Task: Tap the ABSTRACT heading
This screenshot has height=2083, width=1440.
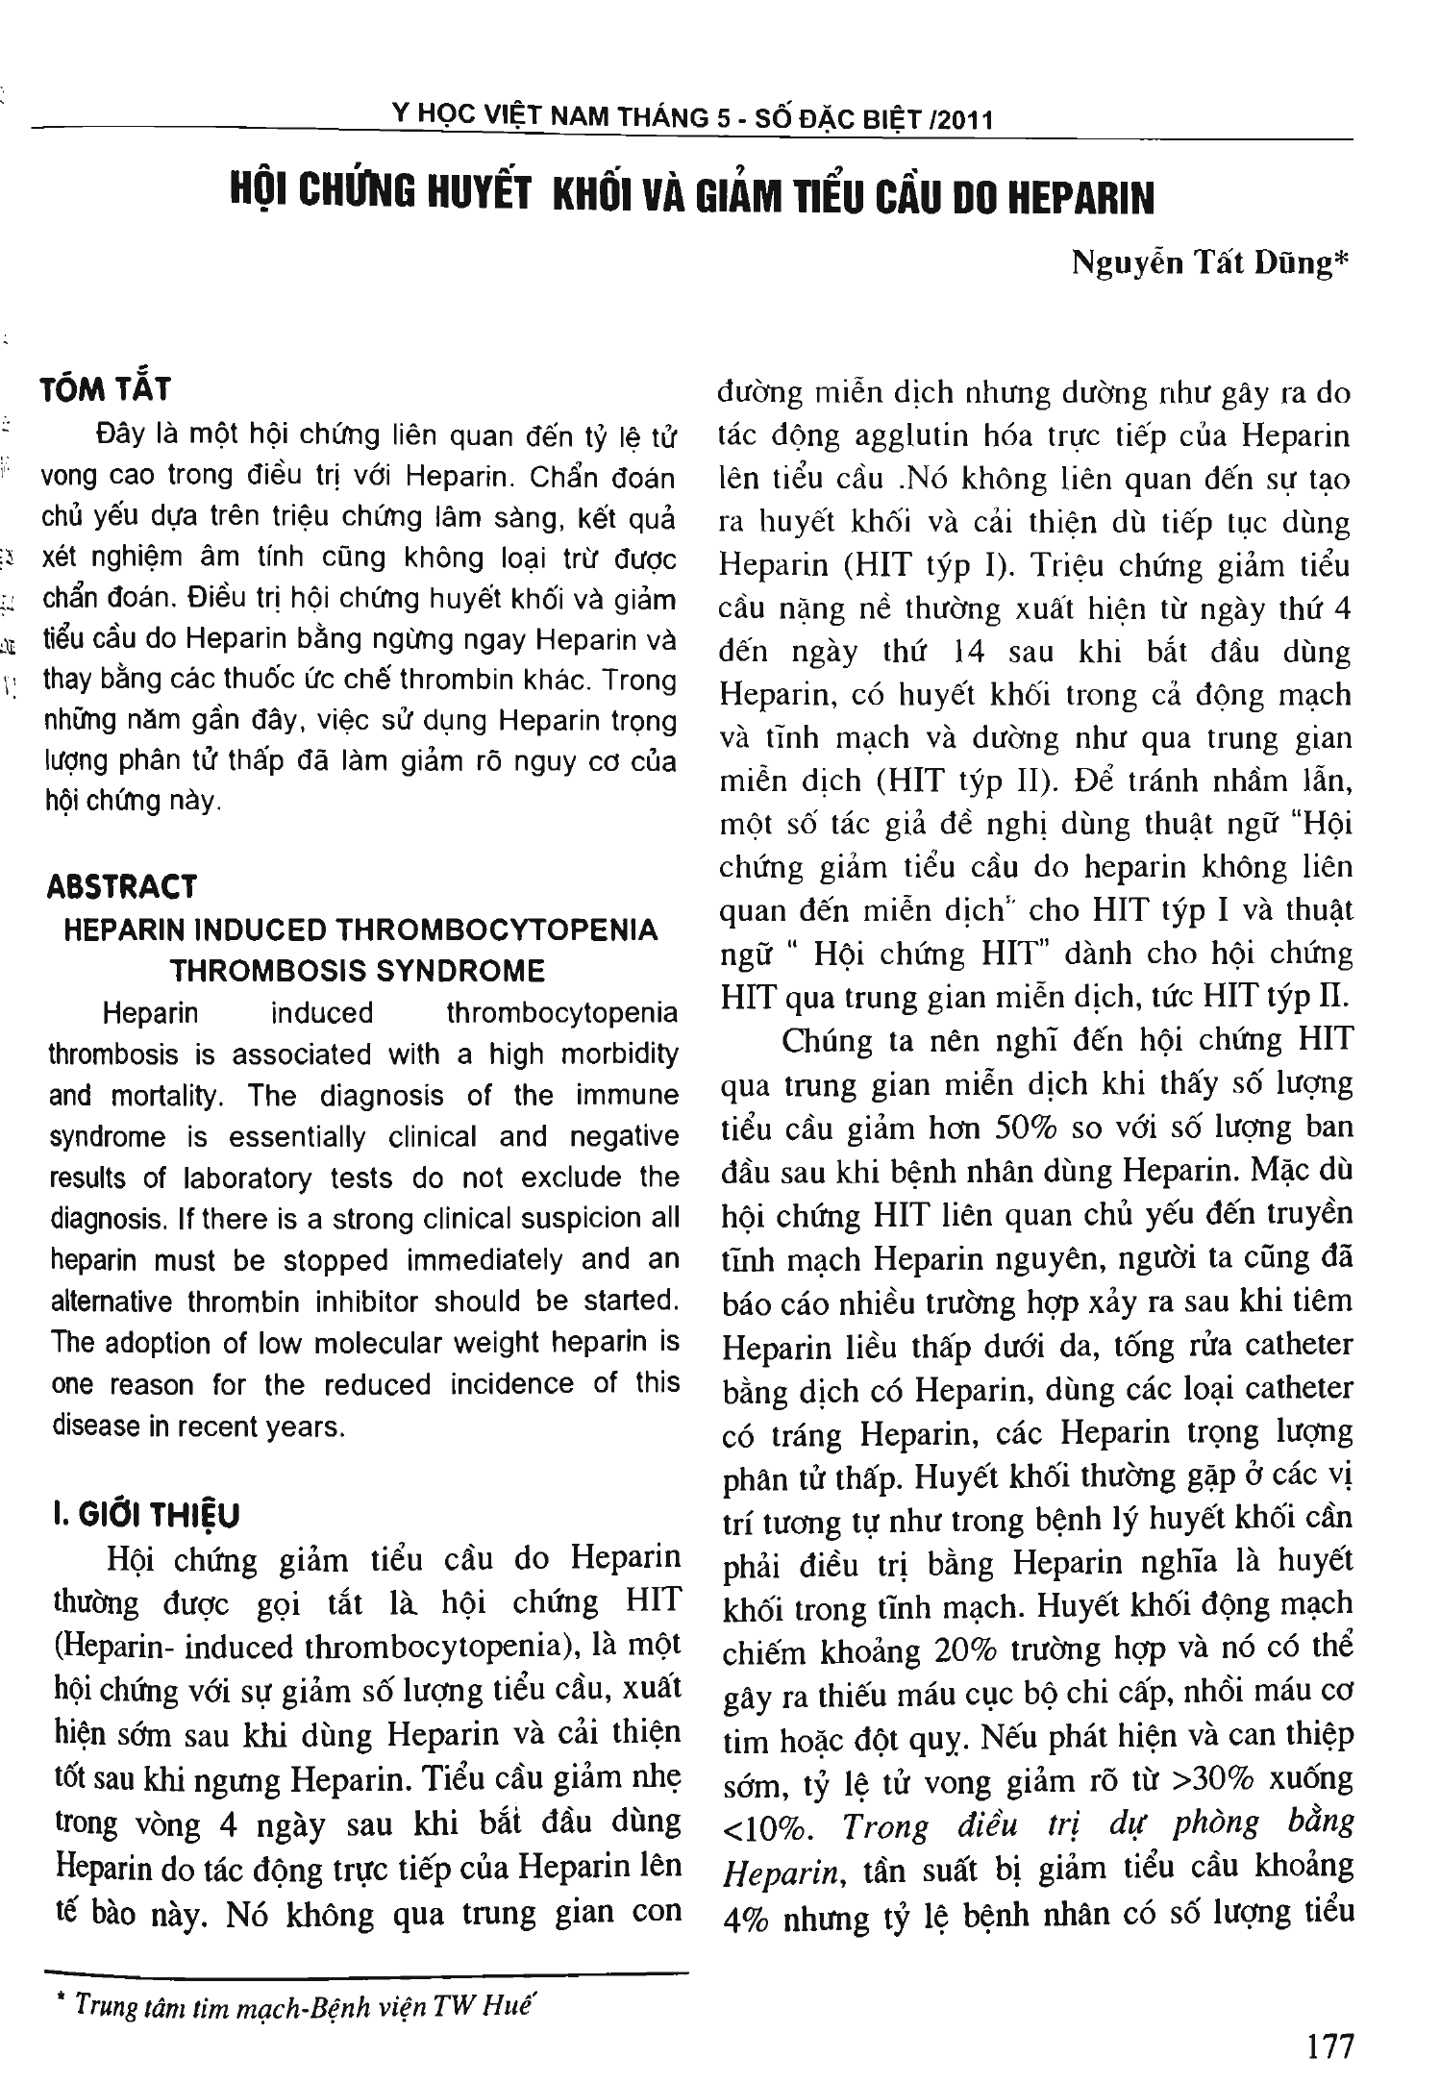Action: (x=122, y=885)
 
